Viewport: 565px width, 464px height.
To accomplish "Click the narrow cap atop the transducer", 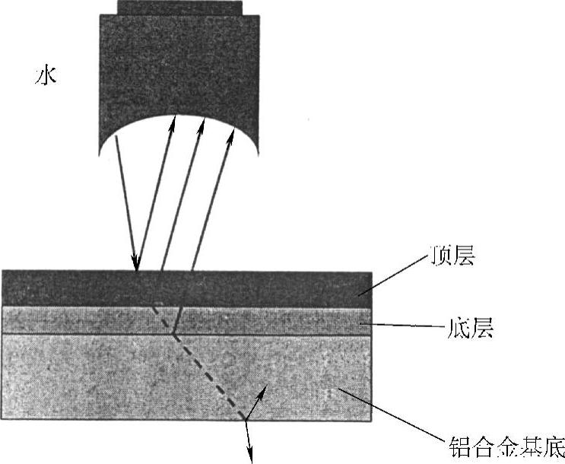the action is click(x=180, y=7).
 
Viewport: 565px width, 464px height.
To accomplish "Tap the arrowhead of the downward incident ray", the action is click(x=136, y=265).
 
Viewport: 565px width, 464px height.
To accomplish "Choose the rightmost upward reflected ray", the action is click(x=212, y=198).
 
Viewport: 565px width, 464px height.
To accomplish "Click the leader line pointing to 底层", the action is click(x=403, y=327).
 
